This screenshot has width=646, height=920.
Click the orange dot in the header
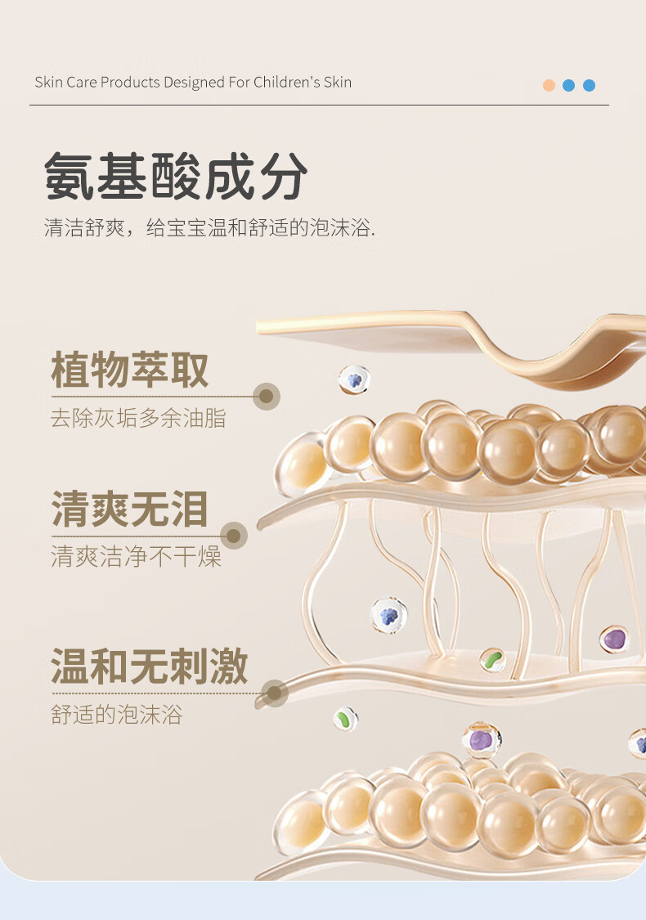tap(549, 85)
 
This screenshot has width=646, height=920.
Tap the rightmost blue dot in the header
tap(589, 85)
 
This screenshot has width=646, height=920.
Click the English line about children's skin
tap(193, 82)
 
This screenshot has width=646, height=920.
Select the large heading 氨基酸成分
tap(176, 176)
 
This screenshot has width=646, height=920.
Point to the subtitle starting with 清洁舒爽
tap(209, 227)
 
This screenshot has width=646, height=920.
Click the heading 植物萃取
tap(130, 370)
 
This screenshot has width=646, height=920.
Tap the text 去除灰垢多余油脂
tap(138, 419)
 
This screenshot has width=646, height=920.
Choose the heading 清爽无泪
tap(130, 509)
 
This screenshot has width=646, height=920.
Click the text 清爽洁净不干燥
tap(136, 557)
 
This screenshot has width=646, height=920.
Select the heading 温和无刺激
tap(150, 666)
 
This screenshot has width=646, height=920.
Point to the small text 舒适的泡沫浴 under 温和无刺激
tap(116, 715)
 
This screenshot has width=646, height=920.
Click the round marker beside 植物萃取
tap(266, 397)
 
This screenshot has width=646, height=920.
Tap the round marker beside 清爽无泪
tap(234, 536)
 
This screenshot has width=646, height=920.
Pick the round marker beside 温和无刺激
tap(275, 693)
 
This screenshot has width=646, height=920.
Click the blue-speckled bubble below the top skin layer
tap(354, 380)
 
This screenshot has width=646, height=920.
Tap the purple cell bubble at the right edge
tap(614, 639)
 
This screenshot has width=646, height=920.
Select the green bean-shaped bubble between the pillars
tap(492, 660)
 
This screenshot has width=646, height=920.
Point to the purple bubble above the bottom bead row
tap(481, 740)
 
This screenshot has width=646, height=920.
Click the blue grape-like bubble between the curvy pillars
tap(389, 615)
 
